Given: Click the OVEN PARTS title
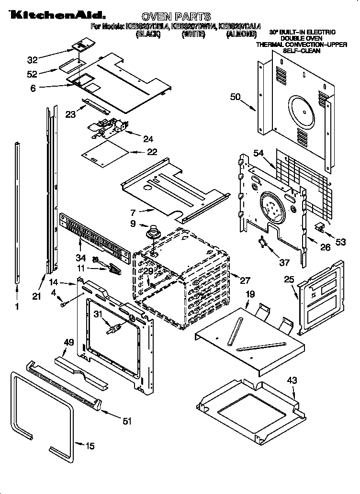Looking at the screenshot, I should [177, 17].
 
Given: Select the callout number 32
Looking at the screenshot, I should [32, 60].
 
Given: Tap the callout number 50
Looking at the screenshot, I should [235, 97].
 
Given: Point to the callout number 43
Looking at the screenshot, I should [292, 381].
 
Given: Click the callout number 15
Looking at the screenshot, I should [90, 446].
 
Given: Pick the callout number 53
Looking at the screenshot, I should [340, 242].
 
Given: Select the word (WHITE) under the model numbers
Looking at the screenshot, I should [193, 34].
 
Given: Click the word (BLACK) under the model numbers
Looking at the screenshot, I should [148, 34].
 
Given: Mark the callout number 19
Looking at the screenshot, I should [250, 294].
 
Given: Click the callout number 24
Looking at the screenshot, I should [148, 139].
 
